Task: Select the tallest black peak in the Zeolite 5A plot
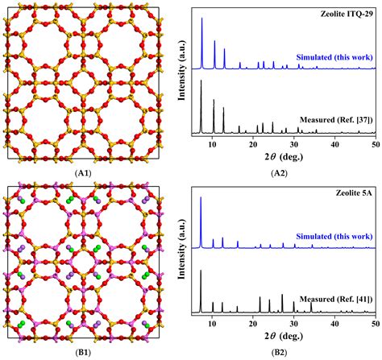[201, 271]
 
